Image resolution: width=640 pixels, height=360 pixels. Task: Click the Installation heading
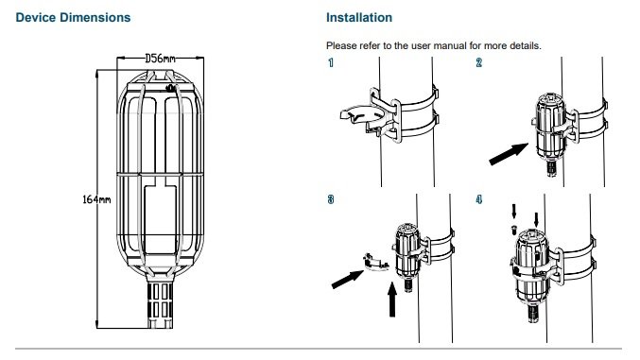click(359, 18)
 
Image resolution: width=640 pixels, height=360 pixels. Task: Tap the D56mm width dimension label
click(160, 59)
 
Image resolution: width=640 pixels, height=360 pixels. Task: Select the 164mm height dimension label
click(96, 199)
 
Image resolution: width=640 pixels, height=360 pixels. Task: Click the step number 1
click(331, 62)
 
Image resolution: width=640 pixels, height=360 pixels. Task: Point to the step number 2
click(478, 62)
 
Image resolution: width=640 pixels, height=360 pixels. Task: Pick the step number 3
click(331, 199)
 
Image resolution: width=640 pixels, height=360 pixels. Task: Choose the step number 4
click(478, 199)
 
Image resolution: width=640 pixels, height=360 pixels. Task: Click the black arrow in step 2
click(509, 154)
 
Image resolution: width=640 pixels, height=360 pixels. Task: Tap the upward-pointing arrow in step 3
click(392, 300)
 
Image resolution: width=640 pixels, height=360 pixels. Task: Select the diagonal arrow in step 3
click(347, 280)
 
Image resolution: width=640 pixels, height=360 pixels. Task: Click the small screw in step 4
click(514, 231)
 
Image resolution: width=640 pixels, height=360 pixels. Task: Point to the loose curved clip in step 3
click(375, 263)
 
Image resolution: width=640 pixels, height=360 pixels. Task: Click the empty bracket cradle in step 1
click(363, 115)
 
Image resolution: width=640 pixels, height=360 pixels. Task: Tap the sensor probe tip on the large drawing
click(160, 305)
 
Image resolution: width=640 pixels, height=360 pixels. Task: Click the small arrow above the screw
click(514, 212)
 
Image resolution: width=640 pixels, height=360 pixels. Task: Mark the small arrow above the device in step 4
click(536, 219)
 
